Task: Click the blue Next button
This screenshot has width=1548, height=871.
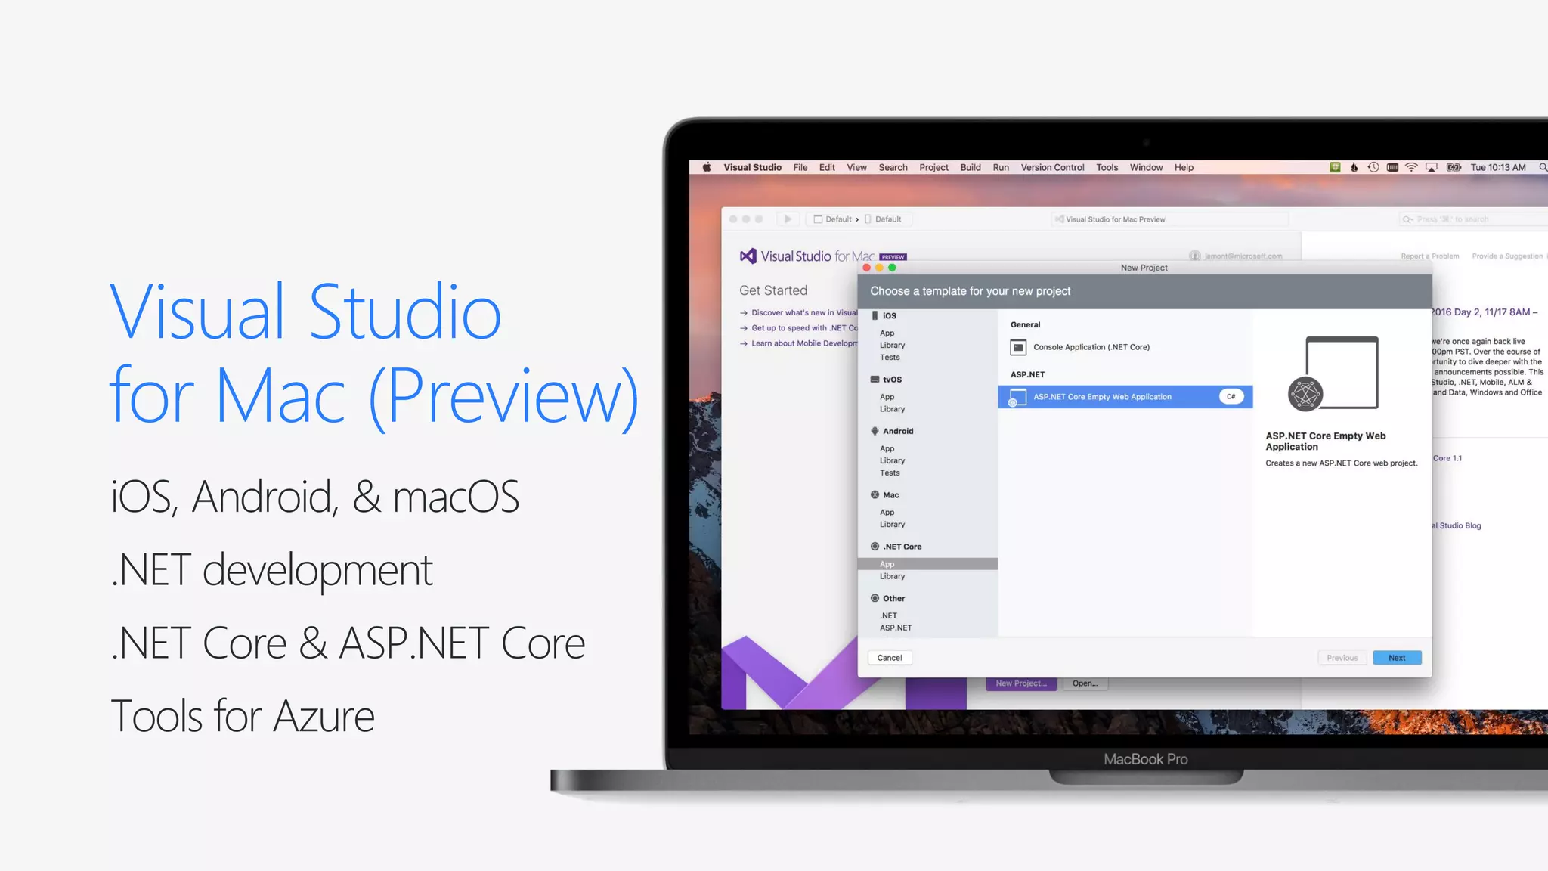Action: pos(1397,658)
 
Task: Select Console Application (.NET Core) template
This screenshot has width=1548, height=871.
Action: pos(1091,347)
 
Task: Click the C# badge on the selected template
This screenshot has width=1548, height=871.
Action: pos(1231,397)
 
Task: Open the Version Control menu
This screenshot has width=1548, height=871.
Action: pos(1052,168)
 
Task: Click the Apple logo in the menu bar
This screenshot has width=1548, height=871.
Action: pos(707,168)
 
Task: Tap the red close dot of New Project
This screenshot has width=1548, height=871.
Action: pos(866,268)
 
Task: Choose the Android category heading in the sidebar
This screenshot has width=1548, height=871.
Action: pos(898,431)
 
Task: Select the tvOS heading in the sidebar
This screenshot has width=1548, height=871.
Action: pos(892,380)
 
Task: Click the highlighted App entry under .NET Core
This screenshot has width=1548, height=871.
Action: pos(887,564)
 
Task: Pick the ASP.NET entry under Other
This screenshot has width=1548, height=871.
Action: pos(896,628)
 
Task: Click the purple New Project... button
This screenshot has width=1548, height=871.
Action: pos(1021,683)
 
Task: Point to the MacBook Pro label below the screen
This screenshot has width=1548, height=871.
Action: pos(1145,759)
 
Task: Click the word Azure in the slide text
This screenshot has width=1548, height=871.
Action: pos(324,717)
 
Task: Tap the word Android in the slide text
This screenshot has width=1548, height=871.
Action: pos(262,497)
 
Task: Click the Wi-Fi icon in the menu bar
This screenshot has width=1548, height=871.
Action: pos(1411,168)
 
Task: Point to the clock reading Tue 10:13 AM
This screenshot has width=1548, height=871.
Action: pos(1497,168)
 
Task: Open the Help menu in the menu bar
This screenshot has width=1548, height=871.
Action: pos(1184,168)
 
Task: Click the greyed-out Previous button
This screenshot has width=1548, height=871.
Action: pos(1342,658)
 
